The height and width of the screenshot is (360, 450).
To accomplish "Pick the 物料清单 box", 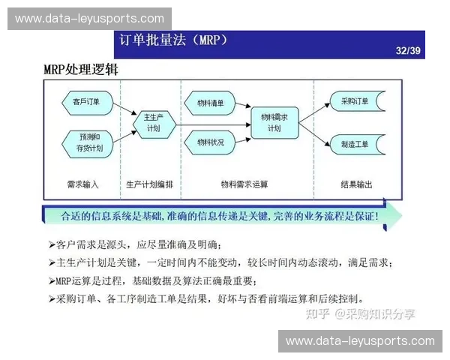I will tap(211, 101).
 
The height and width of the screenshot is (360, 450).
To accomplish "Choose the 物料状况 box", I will tap(211, 142).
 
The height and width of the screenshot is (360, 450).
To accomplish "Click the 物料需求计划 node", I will tap(274, 122).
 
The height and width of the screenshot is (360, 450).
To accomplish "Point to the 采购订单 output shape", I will tap(355, 101).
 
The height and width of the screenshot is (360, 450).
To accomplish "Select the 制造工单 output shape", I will tap(355, 142).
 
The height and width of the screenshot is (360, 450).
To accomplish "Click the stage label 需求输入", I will tap(83, 184).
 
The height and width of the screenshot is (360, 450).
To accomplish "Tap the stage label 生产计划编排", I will tap(149, 184).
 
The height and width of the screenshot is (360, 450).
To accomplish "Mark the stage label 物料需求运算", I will tap(244, 184).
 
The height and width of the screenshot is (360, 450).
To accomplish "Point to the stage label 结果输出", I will tap(355, 184).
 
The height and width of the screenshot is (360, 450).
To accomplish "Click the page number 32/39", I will tap(409, 51).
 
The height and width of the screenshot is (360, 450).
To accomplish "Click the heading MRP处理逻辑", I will tap(80, 70).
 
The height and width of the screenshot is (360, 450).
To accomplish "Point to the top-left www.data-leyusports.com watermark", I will tap(89, 18).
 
